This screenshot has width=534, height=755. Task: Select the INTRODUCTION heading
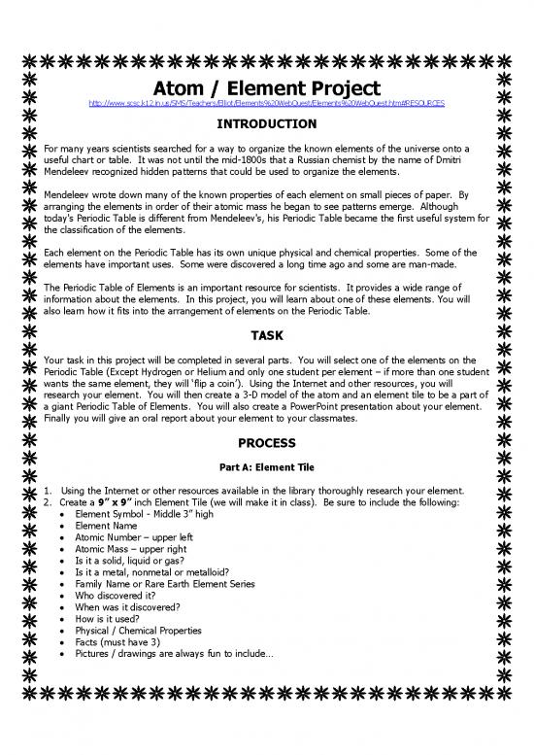point(266,124)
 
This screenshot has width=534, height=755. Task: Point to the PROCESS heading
point(266,443)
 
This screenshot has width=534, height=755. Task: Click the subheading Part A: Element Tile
point(266,466)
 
